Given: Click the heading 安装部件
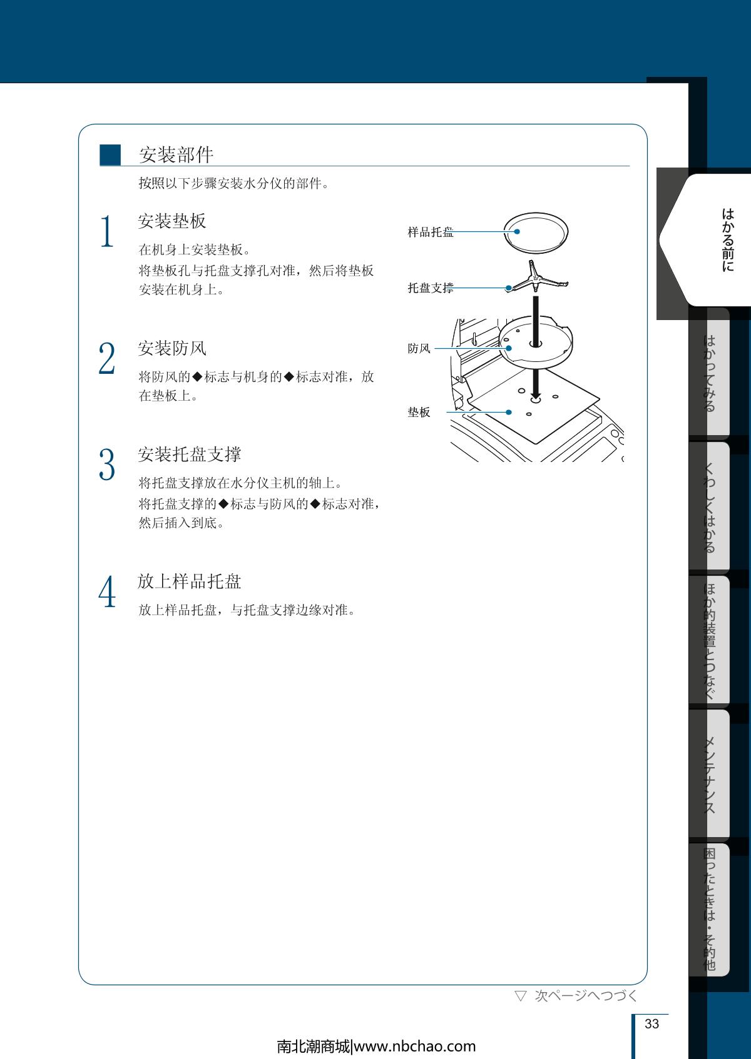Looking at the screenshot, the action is click(176, 154).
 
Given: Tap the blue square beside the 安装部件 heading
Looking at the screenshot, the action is click(110, 154).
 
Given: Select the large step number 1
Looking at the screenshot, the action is click(107, 231).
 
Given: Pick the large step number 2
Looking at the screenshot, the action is click(107, 358).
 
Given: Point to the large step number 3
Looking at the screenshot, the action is click(107, 464).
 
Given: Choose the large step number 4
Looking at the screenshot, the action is click(107, 591).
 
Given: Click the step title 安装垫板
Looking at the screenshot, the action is click(172, 221).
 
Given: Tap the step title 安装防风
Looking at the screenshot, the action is click(172, 348).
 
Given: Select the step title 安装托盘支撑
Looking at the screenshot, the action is click(189, 454).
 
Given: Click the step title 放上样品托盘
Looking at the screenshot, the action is click(189, 581).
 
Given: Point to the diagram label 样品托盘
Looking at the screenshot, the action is click(431, 232).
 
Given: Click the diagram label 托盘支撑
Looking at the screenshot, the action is click(431, 288).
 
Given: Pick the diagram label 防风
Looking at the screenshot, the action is click(419, 348).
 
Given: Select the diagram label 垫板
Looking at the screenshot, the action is click(419, 412).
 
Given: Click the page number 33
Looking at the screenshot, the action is click(651, 1023).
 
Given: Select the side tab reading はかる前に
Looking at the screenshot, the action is click(727, 239).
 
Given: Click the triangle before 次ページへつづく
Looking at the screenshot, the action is click(521, 996).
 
